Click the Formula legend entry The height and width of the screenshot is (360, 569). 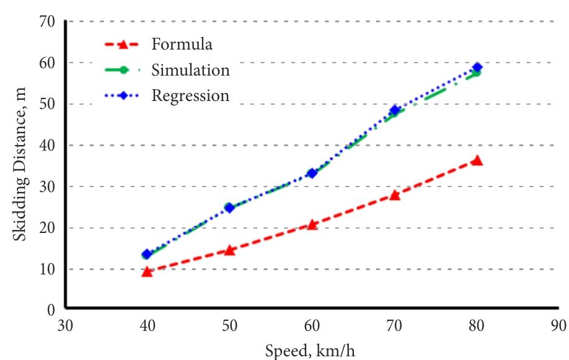(182, 45)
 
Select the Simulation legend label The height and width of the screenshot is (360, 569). (190, 70)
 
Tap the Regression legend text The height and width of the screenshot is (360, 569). (190, 96)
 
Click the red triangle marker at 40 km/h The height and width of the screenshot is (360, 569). (147, 271)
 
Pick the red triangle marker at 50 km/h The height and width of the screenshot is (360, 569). (229, 250)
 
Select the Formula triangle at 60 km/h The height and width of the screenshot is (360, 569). (312, 224)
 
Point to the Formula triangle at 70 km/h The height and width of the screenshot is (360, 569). (395, 195)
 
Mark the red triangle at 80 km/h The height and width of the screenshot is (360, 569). (477, 160)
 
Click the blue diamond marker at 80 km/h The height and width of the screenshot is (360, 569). (477, 68)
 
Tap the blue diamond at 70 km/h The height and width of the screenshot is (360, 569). (395, 111)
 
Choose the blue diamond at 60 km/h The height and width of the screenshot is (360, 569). (312, 173)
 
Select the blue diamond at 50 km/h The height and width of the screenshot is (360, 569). (229, 208)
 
